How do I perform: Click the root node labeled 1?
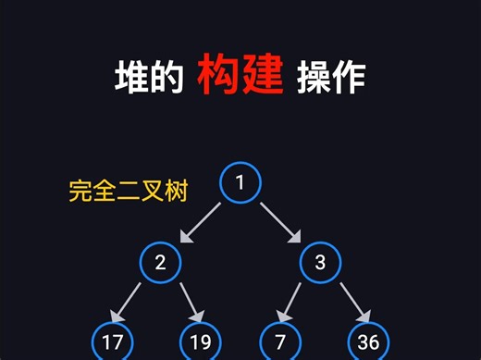pyautogui.click(x=240, y=182)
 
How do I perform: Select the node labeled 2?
pyautogui.click(x=161, y=262)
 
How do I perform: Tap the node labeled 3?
pyautogui.click(x=320, y=262)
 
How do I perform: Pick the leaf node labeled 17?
pyautogui.click(x=113, y=341)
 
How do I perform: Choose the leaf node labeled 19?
pyautogui.click(x=201, y=341)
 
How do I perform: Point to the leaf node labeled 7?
pyautogui.click(x=280, y=341)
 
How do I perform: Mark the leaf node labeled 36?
pyautogui.click(x=368, y=341)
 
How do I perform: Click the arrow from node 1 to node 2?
pyautogui.click(x=201, y=222)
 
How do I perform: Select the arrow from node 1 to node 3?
pyautogui.click(x=280, y=222)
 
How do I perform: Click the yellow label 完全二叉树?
pyautogui.click(x=129, y=192)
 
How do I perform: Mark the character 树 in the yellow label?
pyautogui.click(x=176, y=192)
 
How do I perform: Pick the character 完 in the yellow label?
pyautogui.click(x=80, y=192)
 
